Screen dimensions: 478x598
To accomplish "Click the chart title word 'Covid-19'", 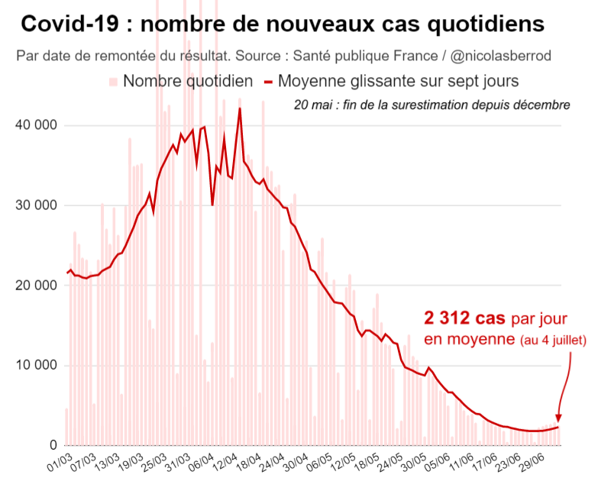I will [69, 24].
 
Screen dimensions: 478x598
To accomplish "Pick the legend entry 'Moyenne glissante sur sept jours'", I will [391, 81].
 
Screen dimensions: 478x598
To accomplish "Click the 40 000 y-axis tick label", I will [35, 125].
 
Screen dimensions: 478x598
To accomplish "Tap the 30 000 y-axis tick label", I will [35, 205].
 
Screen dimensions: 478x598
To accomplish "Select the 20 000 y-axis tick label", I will [35, 286].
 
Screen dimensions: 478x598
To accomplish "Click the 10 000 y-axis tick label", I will [35, 365].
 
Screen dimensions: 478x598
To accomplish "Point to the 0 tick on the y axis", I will [53, 445].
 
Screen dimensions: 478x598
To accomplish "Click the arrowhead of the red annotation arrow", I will [558, 418].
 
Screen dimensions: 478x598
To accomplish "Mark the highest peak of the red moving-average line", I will [240, 108].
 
